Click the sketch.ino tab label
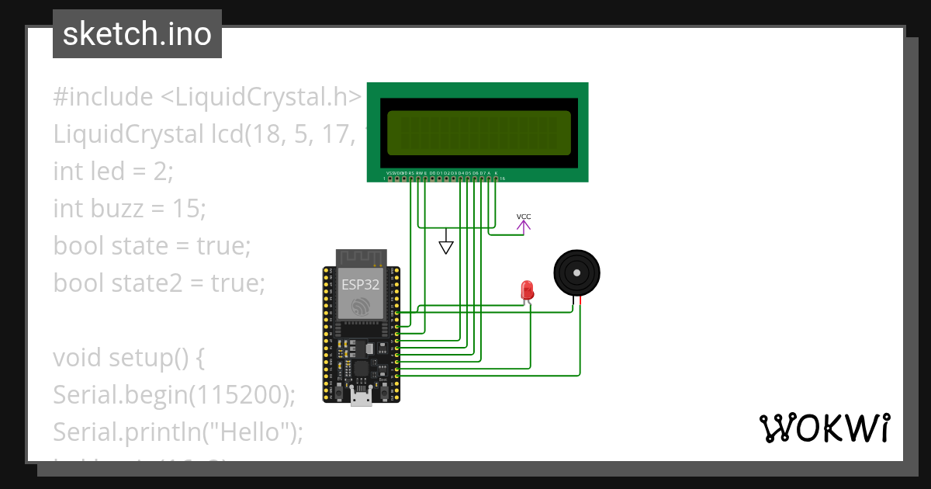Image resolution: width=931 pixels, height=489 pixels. coord(137,34)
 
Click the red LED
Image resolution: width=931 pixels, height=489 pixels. coord(528,291)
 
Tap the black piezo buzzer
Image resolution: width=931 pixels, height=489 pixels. coord(576,272)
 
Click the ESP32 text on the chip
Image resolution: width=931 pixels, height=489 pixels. coord(361,284)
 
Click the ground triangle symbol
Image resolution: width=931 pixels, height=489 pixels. coord(445,247)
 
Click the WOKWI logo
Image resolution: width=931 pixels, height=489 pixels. coord(824,428)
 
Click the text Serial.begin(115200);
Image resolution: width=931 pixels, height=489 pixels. coord(175,395)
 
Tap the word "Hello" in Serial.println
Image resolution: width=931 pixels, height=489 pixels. coord(252,432)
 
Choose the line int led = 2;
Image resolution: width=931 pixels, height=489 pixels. coord(113,172)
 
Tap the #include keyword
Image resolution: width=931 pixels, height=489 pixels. coord(103,97)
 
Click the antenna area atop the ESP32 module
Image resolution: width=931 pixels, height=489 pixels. coord(361,257)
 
